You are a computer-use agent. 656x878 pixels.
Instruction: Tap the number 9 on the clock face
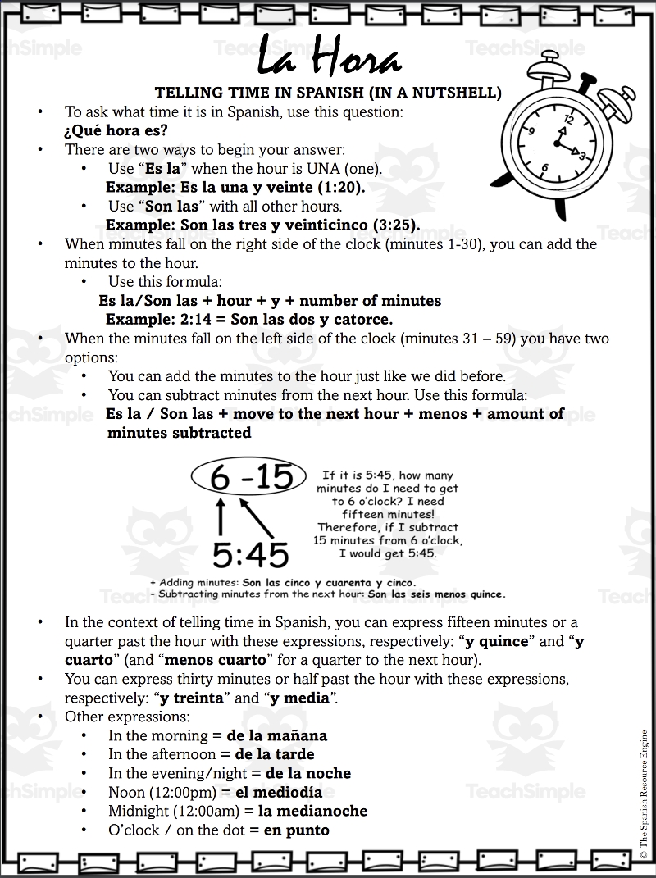click(x=532, y=130)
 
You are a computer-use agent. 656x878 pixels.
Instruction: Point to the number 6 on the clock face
click(x=544, y=167)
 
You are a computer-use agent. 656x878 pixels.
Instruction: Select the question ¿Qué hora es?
click(x=115, y=130)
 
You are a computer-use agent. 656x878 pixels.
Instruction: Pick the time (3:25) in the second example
click(x=391, y=225)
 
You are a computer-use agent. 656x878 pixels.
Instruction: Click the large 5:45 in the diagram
click(x=250, y=555)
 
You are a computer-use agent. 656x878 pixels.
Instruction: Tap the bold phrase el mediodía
click(x=279, y=793)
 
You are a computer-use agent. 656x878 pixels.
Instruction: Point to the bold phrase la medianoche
click(x=312, y=812)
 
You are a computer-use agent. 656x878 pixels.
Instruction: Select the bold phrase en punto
click(x=296, y=830)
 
